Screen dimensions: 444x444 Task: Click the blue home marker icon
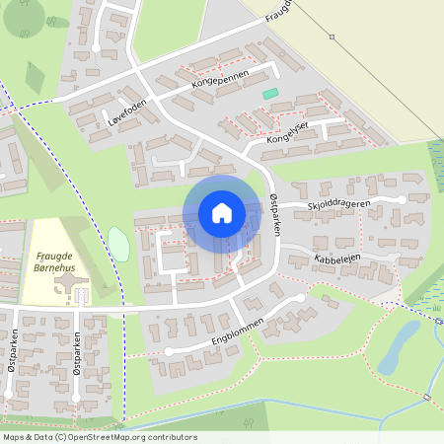pos(221,212)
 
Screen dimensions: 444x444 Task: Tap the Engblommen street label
pos(228,331)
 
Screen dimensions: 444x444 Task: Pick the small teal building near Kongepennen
pos(270,94)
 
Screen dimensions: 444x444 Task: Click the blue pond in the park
pos(400,345)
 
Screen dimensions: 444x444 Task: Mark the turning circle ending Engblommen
pos(169,350)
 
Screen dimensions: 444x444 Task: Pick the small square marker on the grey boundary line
pos(333,37)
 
